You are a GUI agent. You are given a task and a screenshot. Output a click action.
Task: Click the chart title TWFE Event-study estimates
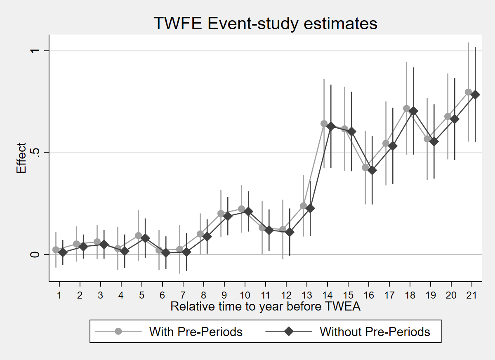pos(265,24)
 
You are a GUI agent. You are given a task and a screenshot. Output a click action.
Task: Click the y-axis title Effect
pos(21,158)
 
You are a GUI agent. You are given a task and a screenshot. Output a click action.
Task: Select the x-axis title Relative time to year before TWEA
pos(265,306)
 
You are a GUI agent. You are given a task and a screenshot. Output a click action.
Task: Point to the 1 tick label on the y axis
pos(35,51)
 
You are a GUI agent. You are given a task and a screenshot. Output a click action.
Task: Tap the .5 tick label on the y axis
pos(35,153)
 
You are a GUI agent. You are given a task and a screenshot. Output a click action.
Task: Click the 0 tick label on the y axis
pos(35,255)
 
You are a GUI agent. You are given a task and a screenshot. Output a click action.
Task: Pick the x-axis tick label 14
pos(327,295)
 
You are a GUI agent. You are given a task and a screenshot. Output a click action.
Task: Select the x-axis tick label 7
pos(183,295)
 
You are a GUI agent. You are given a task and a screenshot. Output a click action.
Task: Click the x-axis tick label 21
pos(471,295)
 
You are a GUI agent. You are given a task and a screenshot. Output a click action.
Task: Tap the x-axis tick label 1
pos(59,295)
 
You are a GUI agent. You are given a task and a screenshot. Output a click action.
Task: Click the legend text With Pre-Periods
pos(196,332)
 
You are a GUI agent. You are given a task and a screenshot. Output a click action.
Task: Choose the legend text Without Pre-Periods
pos(375,332)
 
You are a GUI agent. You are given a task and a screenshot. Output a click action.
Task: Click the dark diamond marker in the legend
pos(289,331)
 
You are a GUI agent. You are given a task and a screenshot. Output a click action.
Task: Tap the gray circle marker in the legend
pos(118,331)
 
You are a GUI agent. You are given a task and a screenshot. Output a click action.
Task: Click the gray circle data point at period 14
pos(324,124)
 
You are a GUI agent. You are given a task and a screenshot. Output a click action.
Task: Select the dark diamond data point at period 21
pos(475,95)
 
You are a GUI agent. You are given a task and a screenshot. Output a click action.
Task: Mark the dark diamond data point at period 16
pos(372,170)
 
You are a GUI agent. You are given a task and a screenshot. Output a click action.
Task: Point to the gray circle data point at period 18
pos(406,108)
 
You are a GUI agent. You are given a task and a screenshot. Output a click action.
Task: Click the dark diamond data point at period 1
pos(63,252)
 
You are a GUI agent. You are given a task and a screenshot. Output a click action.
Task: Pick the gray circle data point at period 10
pos(242,209)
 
